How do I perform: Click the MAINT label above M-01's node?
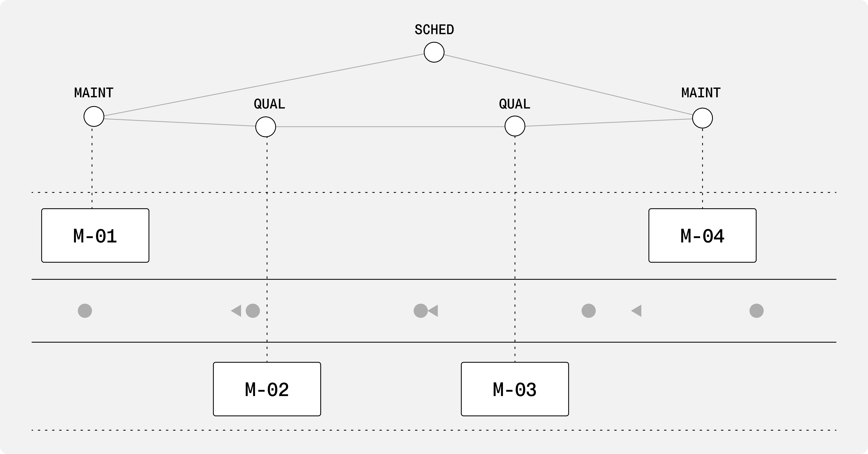[x=94, y=93]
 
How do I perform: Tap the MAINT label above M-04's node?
[x=701, y=93]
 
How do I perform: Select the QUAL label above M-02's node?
[x=269, y=104]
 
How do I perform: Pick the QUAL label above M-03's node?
[x=515, y=104]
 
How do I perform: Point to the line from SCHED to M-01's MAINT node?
[x=264, y=85]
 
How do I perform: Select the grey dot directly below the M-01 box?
[x=85, y=311]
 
